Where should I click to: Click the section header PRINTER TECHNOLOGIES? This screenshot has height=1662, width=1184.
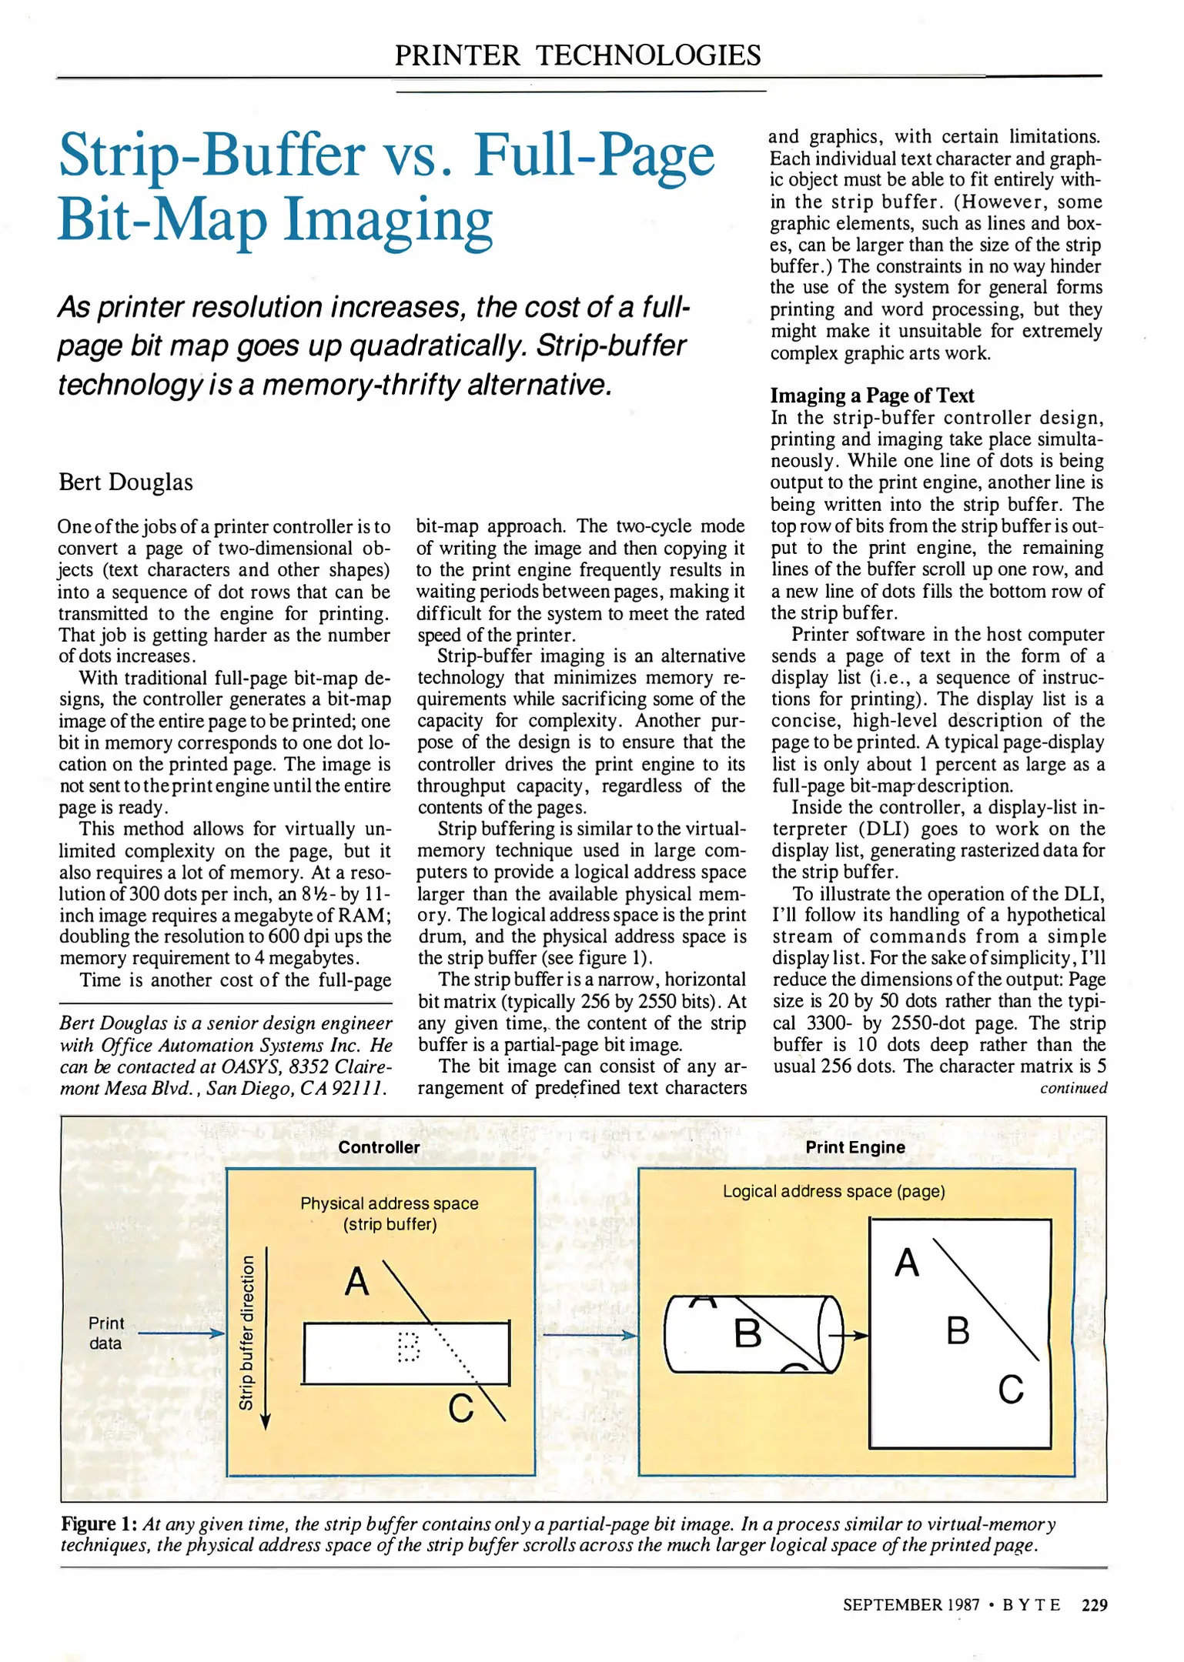point(577,55)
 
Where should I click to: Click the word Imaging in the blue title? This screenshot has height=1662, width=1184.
point(388,221)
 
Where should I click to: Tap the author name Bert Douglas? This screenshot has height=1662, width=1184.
point(126,482)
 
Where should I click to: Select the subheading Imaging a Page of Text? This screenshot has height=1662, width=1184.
point(871,395)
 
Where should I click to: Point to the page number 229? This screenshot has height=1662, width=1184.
point(1094,1605)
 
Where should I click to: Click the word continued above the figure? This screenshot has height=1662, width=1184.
point(1073,1088)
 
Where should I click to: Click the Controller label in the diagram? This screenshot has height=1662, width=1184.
point(379,1147)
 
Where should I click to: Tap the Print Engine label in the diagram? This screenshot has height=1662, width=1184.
point(855,1147)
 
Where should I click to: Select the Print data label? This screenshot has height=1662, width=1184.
point(105,1333)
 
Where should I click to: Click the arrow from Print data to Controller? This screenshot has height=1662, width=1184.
point(181,1333)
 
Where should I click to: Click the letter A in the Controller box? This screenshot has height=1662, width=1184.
point(356,1281)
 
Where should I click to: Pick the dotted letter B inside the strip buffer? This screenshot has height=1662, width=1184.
point(408,1347)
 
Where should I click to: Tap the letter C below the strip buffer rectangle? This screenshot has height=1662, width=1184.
point(460,1408)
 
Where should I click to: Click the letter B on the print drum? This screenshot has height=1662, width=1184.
point(748,1333)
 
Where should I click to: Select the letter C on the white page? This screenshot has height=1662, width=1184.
point(1010,1390)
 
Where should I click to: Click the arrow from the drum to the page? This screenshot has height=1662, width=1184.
point(855,1336)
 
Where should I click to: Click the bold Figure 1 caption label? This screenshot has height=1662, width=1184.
point(99,1524)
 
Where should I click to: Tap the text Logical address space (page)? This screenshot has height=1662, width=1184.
point(833,1191)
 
